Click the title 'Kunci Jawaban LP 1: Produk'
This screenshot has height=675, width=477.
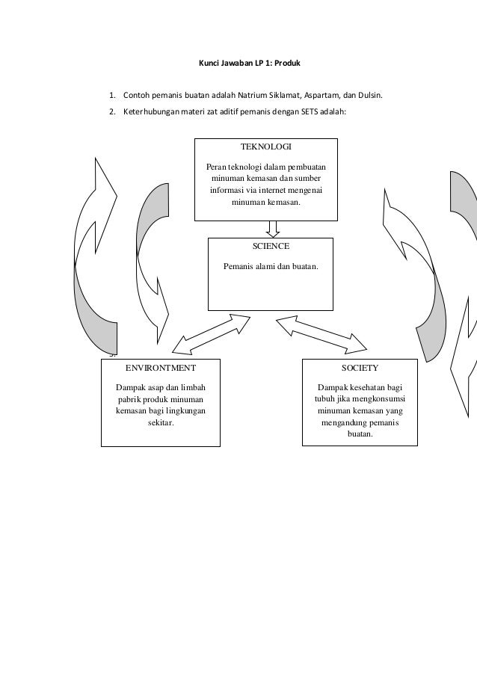249,64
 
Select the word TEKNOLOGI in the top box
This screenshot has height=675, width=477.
265,147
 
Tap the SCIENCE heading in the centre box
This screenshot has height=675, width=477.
271,245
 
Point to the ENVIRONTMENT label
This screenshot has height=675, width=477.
160,368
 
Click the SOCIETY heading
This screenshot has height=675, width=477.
360,368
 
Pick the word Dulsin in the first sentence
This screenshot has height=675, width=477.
369,96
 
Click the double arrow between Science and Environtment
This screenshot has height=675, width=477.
212,333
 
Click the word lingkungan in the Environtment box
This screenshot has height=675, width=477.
185,411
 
